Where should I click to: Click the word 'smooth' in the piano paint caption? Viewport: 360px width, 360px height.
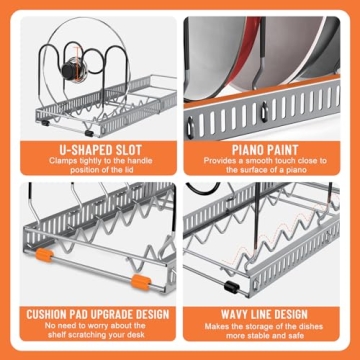255,161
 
